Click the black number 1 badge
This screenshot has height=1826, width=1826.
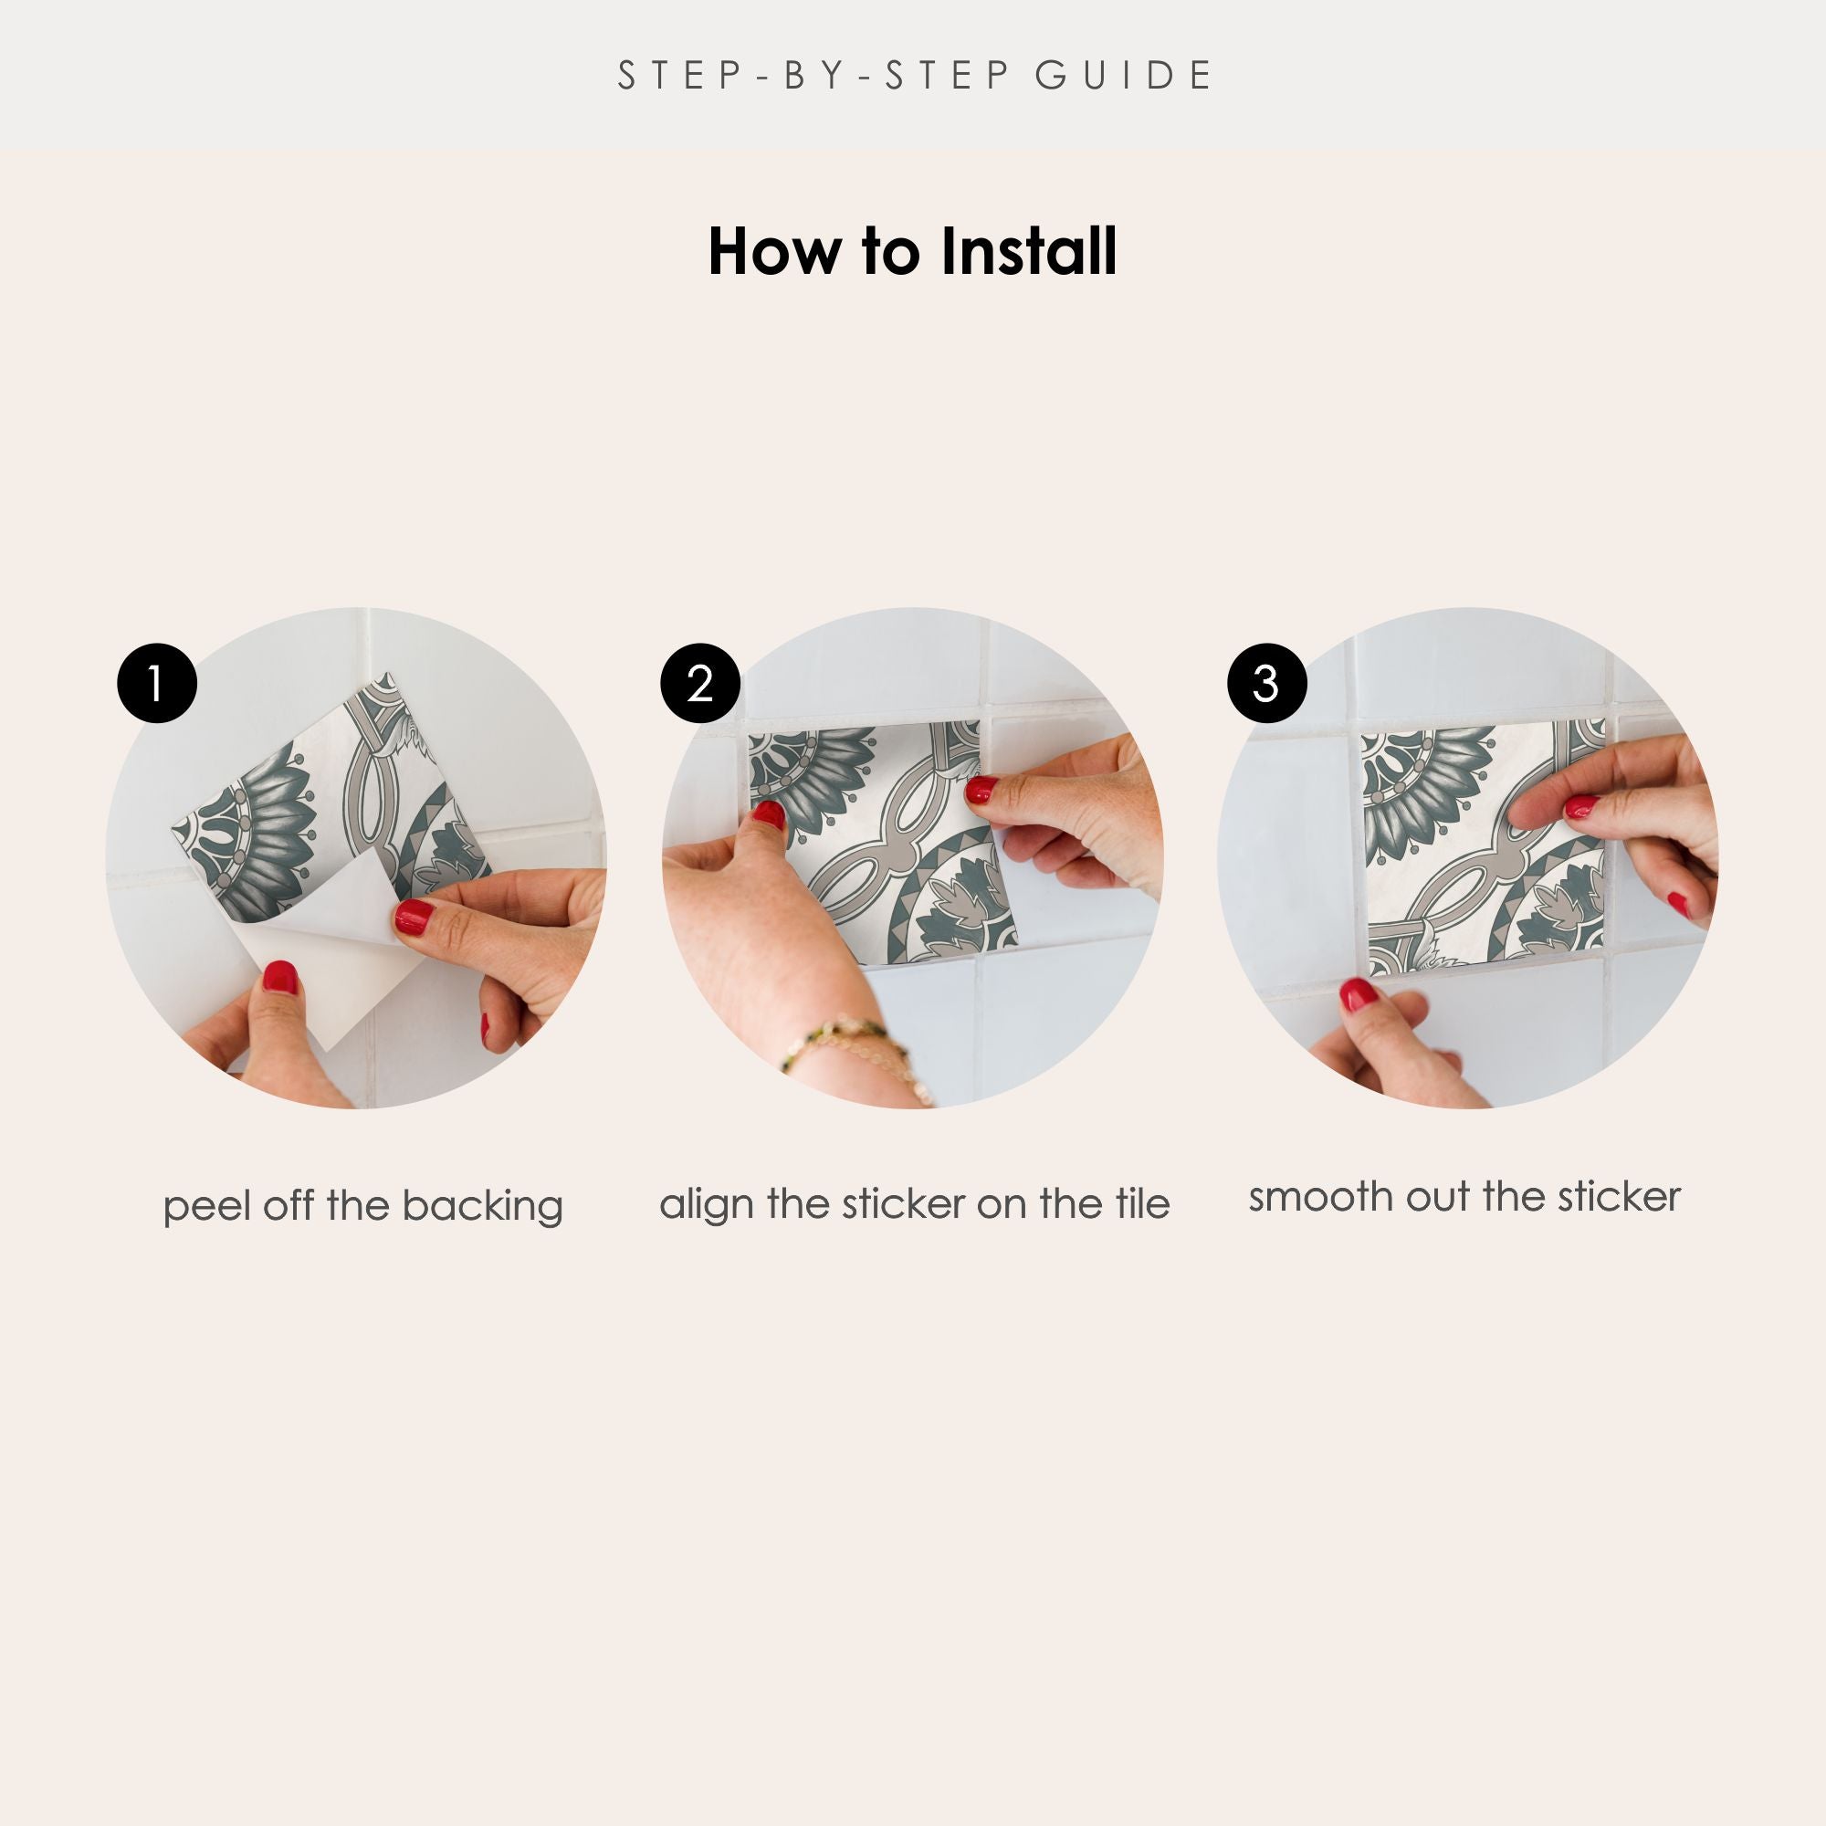[157, 683]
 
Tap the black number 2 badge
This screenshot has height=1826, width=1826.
[700, 683]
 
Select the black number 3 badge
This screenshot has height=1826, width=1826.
[1266, 683]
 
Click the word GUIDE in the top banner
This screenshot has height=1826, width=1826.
[1124, 76]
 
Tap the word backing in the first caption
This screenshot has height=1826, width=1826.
[482, 1207]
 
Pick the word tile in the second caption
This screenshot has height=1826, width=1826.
[1142, 1203]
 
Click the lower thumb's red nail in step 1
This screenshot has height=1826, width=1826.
[279, 977]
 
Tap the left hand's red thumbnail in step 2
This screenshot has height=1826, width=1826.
[770, 814]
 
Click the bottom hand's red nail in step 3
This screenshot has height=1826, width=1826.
[1359, 994]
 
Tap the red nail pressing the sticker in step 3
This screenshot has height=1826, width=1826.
[1582, 807]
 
